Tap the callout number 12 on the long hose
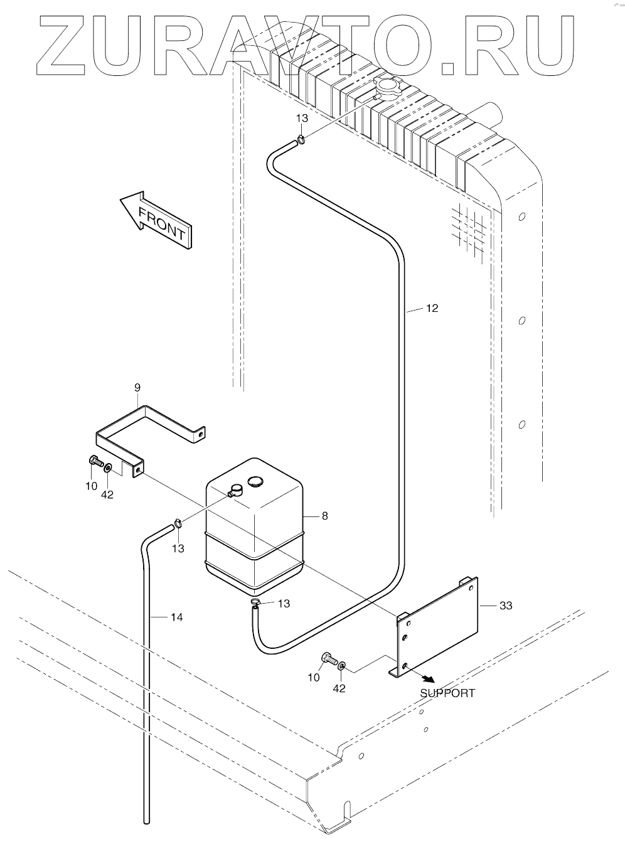click(x=431, y=308)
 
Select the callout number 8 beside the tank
click(x=324, y=516)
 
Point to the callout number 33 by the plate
click(x=505, y=606)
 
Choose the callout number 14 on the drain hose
click(x=176, y=617)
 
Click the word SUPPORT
click(x=447, y=693)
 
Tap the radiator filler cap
click(x=387, y=88)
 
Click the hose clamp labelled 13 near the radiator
click(x=302, y=139)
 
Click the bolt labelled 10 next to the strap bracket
click(x=95, y=462)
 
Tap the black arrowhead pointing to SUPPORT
click(x=429, y=679)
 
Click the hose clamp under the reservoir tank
click(x=255, y=604)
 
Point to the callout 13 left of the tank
click(x=178, y=548)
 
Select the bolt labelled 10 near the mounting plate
click(x=327, y=659)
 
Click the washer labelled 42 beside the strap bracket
click(x=109, y=467)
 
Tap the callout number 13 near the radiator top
click(x=302, y=119)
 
